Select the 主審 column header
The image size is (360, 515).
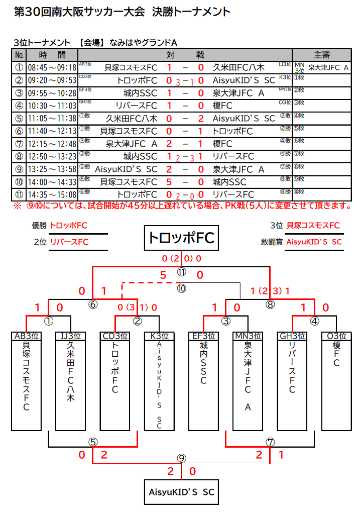pyautogui.click(x=321, y=55)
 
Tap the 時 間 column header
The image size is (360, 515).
pyautogui.click(x=52, y=55)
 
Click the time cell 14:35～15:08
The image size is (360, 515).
pyautogui.click(x=52, y=194)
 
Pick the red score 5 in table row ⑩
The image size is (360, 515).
pyautogui.click(x=169, y=181)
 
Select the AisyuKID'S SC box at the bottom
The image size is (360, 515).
pyautogui.click(x=181, y=492)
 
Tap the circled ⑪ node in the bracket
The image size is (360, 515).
pyautogui.click(x=181, y=272)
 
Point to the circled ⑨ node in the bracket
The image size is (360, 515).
pyautogui.click(x=181, y=458)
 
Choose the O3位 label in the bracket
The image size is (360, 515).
pyautogui.click(x=336, y=336)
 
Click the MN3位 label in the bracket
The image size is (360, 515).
pyautogui.click(x=248, y=336)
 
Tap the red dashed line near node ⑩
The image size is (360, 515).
pyautogui.click(x=146, y=283)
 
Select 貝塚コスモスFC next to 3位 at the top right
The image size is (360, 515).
pyautogui.click(x=313, y=226)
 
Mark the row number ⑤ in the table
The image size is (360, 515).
pyautogui.click(x=20, y=119)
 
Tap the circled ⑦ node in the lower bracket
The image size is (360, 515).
pyautogui.click(x=270, y=442)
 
